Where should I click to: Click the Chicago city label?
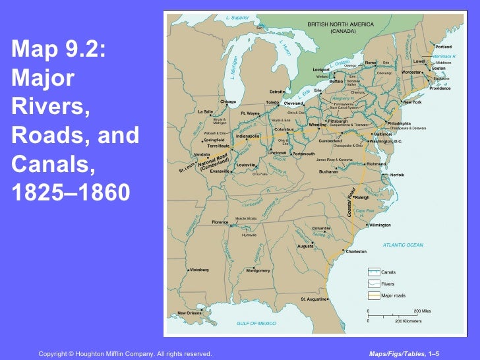228,102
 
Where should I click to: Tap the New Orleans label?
191,313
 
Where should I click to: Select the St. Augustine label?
314,299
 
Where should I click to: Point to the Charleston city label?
356,251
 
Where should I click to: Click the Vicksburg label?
199,270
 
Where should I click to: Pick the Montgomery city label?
258,270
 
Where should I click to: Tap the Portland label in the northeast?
443,47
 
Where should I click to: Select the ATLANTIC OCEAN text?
403,245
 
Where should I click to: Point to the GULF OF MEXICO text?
256,323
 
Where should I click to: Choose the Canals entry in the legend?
389,272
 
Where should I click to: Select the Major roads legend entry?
394,295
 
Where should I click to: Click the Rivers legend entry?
388,284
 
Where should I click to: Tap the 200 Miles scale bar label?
422,310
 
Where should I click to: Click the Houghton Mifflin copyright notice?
125,354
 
